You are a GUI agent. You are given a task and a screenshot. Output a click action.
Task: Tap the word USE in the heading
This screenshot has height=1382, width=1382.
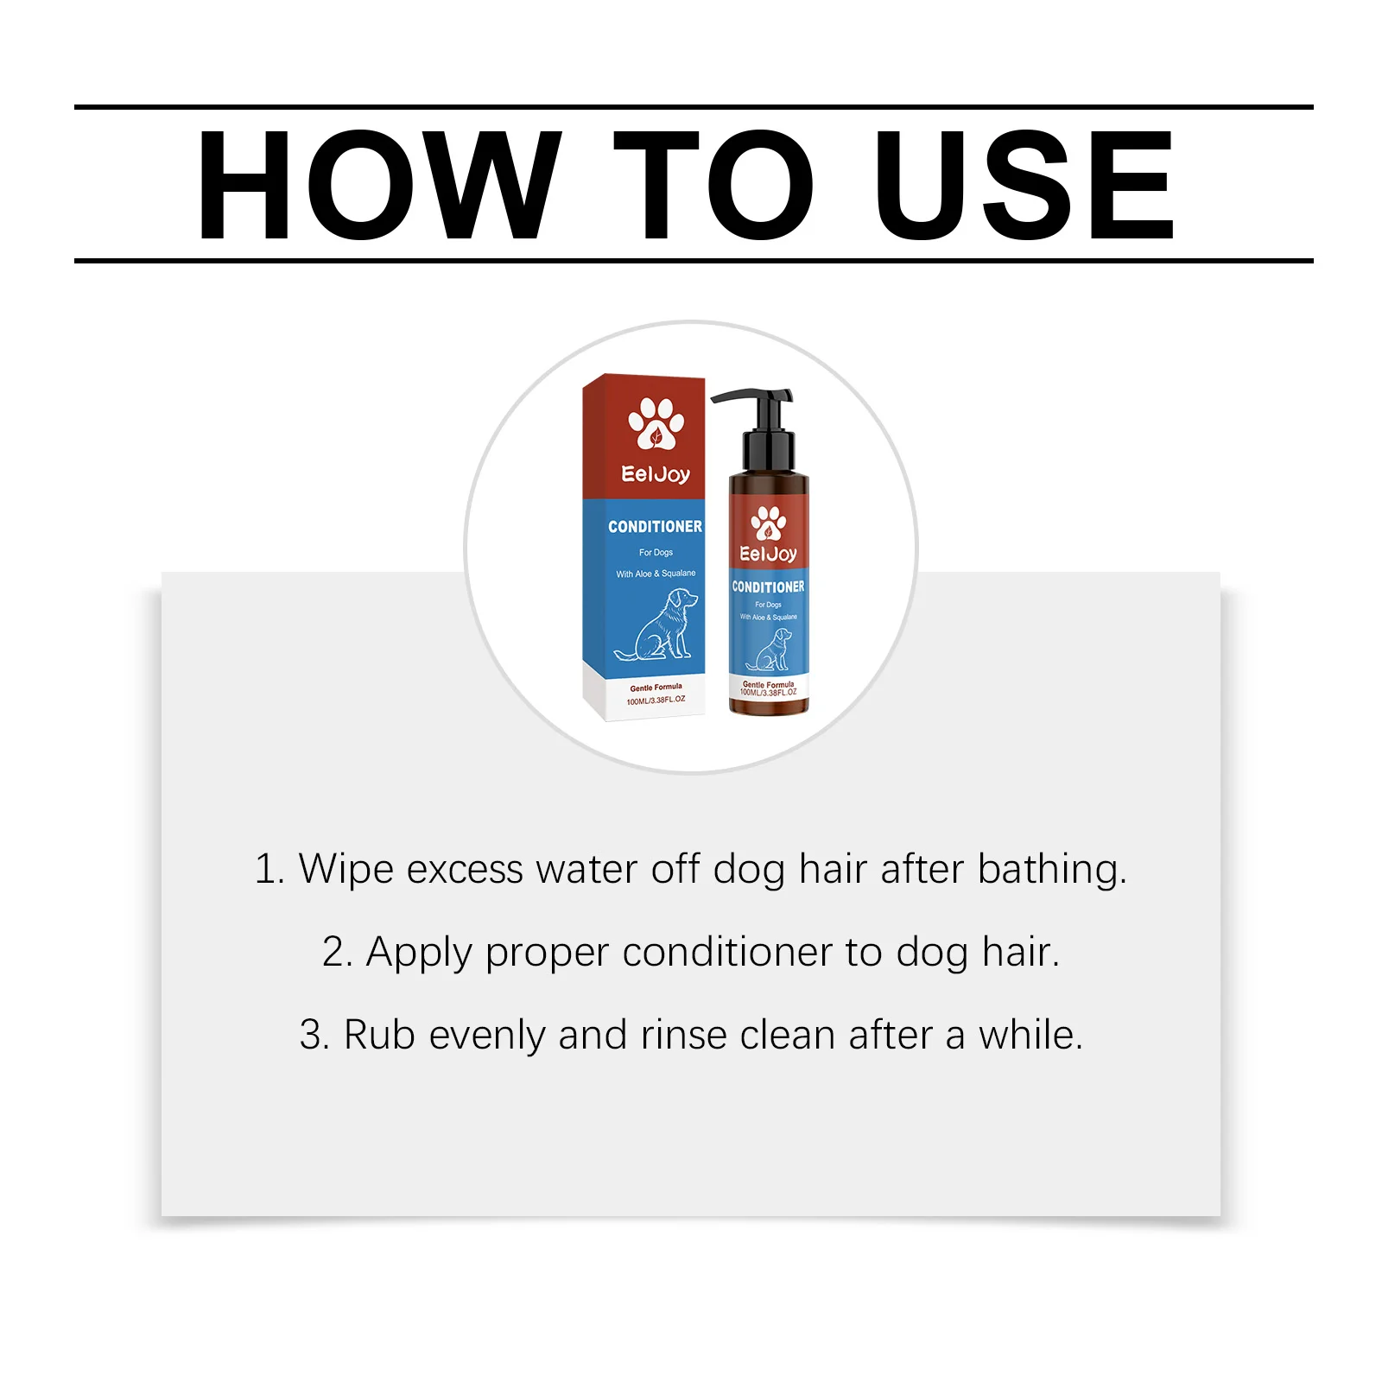1025,185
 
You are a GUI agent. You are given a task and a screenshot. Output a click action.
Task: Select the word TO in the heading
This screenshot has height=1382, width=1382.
713,185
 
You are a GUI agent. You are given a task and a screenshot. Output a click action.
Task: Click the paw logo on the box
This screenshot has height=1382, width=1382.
656,423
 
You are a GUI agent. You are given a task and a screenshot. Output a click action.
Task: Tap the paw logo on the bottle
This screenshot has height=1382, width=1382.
768,523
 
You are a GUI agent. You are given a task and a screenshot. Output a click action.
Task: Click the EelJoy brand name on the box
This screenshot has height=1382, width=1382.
656,474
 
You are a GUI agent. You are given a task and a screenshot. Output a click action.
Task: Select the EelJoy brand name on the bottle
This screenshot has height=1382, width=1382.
768,555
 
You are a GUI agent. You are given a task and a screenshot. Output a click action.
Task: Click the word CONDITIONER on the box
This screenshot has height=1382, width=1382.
655,527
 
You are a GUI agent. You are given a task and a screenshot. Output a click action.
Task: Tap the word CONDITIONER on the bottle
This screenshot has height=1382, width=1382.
768,587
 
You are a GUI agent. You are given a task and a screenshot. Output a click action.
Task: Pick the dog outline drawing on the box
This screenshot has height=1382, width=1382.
656,624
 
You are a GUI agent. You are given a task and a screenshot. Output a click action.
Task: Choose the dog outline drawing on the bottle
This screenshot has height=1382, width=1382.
769,650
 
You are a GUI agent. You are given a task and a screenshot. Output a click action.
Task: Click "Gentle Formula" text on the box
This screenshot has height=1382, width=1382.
656,688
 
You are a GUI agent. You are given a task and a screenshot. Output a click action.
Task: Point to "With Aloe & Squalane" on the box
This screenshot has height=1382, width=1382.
656,574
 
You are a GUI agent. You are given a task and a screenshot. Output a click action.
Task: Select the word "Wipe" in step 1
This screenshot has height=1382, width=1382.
346,869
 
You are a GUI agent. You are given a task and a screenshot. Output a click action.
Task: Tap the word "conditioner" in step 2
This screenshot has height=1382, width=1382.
727,952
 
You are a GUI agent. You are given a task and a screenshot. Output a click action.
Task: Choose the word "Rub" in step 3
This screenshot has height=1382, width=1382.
379,1035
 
